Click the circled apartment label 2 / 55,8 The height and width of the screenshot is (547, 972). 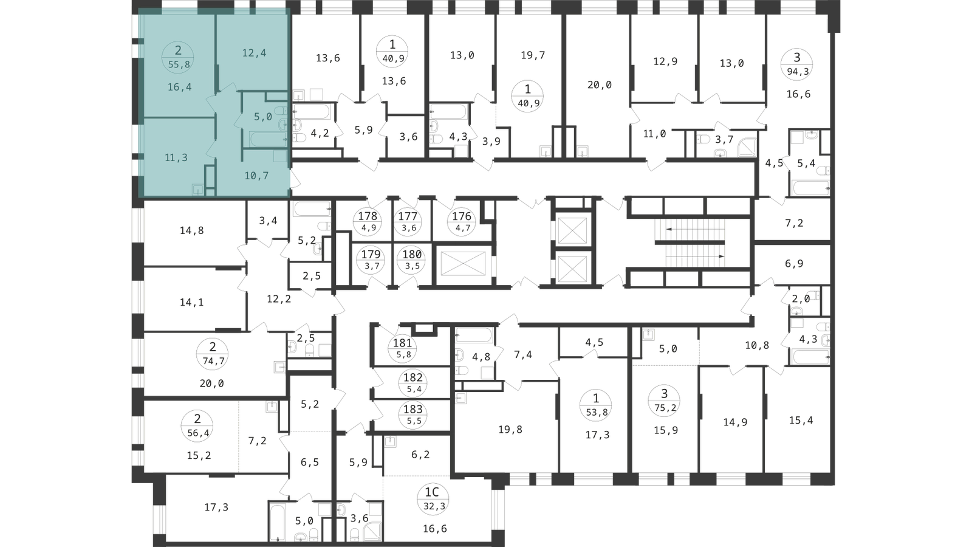click(x=177, y=57)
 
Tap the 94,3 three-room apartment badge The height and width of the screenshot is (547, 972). click(x=796, y=64)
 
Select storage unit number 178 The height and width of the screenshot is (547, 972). click(x=368, y=221)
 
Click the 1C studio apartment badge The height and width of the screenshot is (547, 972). click(x=432, y=499)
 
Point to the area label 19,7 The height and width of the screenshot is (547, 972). click(x=533, y=55)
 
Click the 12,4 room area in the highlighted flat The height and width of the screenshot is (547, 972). click(x=255, y=53)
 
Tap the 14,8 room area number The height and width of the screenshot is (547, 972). click(x=192, y=230)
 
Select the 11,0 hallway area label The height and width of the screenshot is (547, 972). click(x=654, y=134)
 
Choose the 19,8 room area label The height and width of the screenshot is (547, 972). click(x=510, y=429)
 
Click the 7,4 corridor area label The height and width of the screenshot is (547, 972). click(x=523, y=355)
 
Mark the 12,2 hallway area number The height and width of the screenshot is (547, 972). click(x=279, y=298)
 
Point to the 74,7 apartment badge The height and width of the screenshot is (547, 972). click(x=213, y=354)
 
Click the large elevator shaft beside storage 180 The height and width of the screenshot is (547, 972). click(x=463, y=263)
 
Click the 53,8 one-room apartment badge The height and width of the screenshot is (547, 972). click(x=596, y=405)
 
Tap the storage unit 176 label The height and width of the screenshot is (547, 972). click(x=462, y=221)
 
